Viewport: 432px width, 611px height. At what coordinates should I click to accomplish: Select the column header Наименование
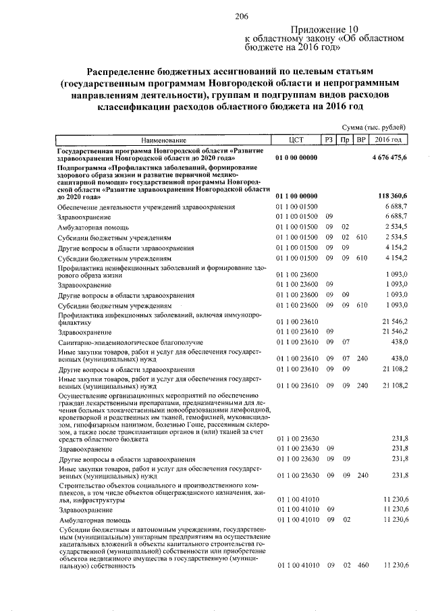pyautogui.click(x=163, y=140)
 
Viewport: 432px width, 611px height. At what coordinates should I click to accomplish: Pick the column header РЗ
pyautogui.click(x=329, y=140)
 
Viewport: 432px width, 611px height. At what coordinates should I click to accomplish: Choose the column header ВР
pyautogui.click(x=361, y=140)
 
